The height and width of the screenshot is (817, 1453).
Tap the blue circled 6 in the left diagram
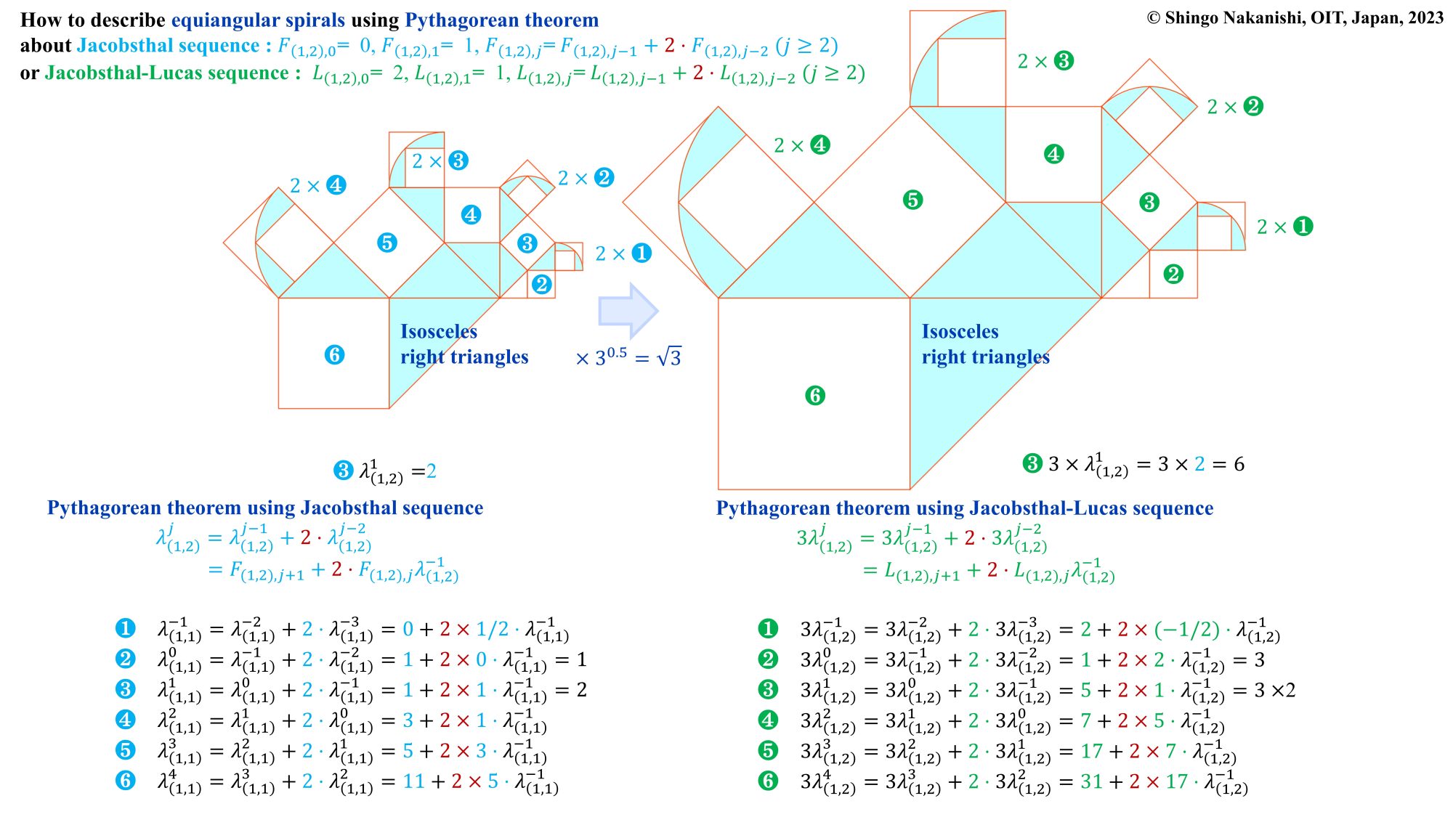(x=334, y=354)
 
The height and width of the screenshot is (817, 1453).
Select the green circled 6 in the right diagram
(x=815, y=395)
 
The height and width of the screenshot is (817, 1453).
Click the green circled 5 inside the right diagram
(x=912, y=200)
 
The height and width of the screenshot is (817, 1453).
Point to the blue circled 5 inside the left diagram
(x=387, y=243)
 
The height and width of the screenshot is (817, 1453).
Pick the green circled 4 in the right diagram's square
(x=1053, y=154)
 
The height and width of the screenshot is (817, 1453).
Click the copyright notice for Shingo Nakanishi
(x=1295, y=17)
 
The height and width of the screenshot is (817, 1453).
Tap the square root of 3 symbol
(x=668, y=357)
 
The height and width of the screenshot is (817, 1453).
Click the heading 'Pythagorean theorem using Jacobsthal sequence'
(x=265, y=508)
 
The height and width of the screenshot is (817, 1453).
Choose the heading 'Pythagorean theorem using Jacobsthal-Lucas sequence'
(x=965, y=508)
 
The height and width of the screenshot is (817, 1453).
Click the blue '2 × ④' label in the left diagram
(x=318, y=185)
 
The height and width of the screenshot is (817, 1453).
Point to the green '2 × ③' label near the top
(x=1045, y=61)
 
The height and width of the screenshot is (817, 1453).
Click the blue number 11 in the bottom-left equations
(x=414, y=781)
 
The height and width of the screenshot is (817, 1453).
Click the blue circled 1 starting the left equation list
(x=125, y=628)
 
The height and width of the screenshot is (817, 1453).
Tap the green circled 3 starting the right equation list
(x=768, y=689)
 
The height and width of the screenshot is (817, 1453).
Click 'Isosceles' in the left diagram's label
(x=439, y=332)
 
